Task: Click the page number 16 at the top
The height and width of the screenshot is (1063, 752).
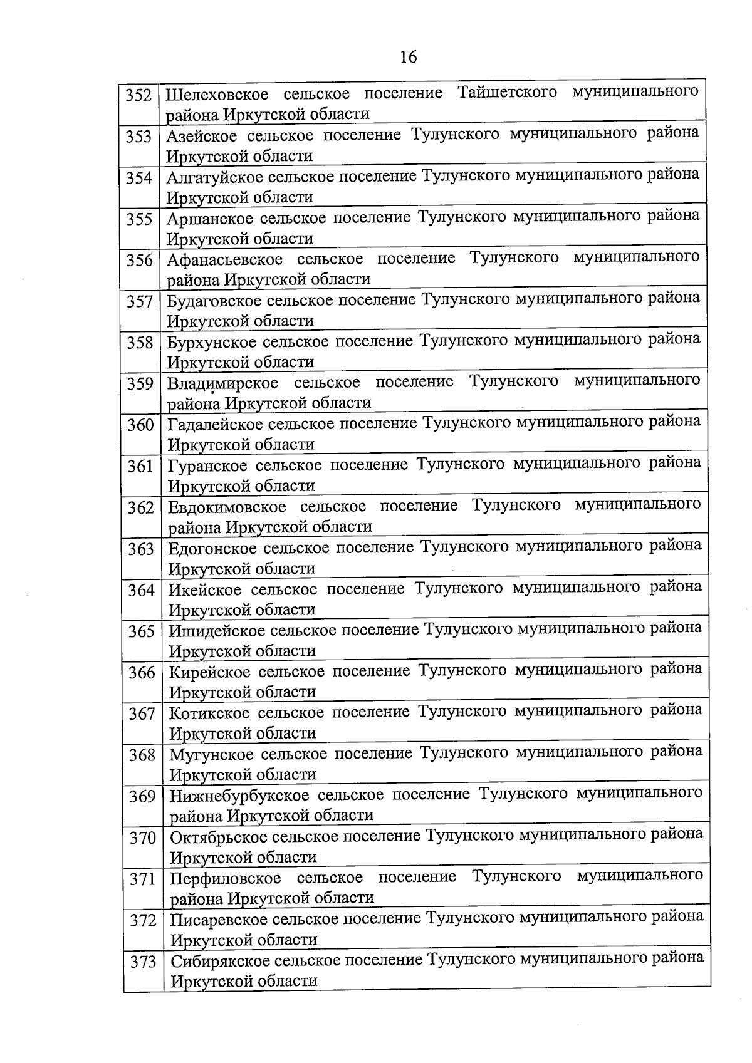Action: pos(407,57)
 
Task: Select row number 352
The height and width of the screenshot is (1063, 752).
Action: pos(139,95)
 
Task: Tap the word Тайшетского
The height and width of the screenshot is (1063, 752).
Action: pos(507,93)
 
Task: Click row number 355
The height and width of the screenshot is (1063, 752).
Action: pos(139,219)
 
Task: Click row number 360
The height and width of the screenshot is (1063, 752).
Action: pos(140,425)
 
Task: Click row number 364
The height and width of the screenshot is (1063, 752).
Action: pos(141,590)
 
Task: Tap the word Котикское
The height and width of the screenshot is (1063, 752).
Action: pos(209,713)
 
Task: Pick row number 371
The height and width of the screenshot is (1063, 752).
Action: pos(142,879)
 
